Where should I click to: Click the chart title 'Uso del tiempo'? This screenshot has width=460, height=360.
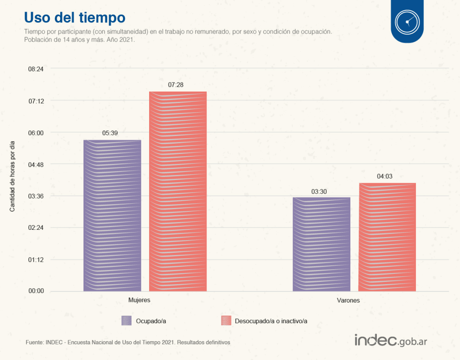click(74, 17)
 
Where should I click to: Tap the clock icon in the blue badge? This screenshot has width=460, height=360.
click(407, 21)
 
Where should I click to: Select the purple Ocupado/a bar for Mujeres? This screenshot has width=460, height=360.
click(112, 215)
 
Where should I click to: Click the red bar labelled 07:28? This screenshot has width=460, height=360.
click(178, 191)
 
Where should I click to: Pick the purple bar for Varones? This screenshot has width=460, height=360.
click(322, 244)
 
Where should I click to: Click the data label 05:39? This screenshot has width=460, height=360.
click(110, 133)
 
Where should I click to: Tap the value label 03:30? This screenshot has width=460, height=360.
click(319, 192)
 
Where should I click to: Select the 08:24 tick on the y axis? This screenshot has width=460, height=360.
click(36, 69)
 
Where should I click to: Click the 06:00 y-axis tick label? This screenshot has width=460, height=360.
click(36, 132)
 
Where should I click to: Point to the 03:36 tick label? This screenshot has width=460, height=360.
click(36, 196)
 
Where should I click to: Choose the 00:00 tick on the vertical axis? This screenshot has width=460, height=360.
click(36, 291)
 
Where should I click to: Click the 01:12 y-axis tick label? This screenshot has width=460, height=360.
click(36, 259)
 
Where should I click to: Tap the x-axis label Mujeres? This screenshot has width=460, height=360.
click(139, 300)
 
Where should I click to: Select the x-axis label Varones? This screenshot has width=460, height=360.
click(349, 300)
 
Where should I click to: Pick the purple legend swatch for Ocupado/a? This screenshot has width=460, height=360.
click(127, 320)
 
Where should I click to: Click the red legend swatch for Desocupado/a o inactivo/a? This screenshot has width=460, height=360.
click(226, 320)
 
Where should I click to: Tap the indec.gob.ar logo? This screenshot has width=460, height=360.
click(390, 340)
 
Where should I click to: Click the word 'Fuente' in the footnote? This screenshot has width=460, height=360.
click(34, 342)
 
